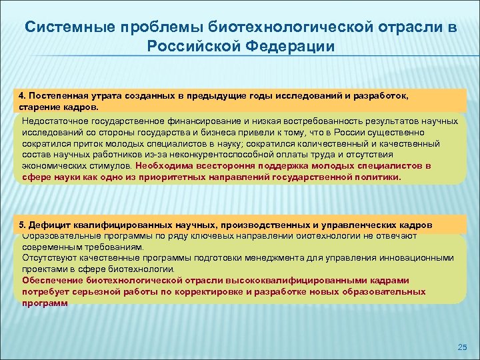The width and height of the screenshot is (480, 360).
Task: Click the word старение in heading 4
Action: tap(38, 106)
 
